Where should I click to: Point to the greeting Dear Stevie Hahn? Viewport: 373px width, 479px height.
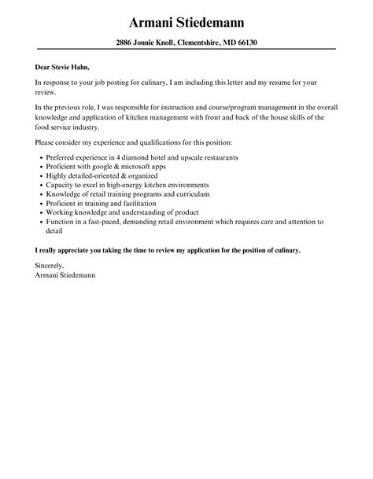coord(67,67)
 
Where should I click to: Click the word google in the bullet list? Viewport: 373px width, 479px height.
coord(102,167)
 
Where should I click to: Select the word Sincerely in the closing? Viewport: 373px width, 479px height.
coord(51,267)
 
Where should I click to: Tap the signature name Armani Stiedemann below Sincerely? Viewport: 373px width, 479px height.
coord(66,276)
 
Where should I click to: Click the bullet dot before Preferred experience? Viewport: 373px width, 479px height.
coord(40,157)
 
